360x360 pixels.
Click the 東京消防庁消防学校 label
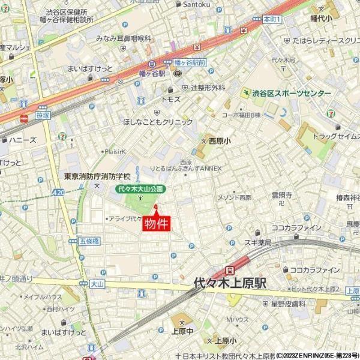tap(97, 177)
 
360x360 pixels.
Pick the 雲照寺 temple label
tap(281, 195)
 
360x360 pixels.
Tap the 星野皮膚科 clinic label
tap(288, 305)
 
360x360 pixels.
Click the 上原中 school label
tap(181, 330)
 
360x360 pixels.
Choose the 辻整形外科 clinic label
tap(208, 88)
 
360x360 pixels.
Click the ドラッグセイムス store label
tap(335, 137)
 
